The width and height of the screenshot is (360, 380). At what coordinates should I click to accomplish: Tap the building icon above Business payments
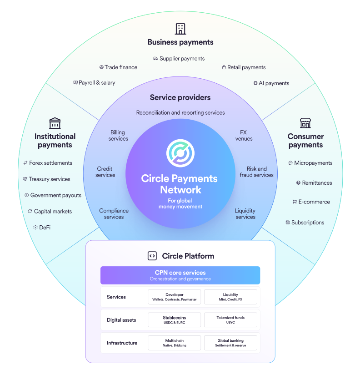click(180, 29)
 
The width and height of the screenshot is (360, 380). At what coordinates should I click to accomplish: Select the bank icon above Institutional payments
click(55, 123)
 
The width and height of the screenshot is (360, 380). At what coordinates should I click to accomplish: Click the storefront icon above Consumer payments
click(305, 123)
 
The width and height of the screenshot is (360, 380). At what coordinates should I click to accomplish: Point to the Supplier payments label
click(179, 59)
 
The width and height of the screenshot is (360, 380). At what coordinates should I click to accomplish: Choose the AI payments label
click(271, 83)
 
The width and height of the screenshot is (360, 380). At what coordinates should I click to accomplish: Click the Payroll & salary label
click(94, 83)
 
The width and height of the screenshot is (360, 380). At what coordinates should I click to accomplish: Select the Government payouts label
click(53, 195)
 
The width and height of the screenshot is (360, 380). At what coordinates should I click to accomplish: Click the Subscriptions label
click(305, 223)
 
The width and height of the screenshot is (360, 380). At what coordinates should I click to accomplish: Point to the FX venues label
click(244, 136)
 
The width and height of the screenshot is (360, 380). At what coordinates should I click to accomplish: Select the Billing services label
click(118, 136)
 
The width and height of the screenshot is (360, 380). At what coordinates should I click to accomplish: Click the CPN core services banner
click(180, 275)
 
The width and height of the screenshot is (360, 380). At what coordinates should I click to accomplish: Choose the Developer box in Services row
click(175, 297)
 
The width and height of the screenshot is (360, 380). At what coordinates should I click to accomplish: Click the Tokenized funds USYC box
click(230, 320)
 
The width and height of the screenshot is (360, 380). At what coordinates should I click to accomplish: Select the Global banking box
click(230, 343)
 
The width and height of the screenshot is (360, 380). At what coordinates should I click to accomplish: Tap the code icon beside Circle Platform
click(152, 256)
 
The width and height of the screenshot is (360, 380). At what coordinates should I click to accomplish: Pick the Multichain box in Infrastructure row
click(175, 343)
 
